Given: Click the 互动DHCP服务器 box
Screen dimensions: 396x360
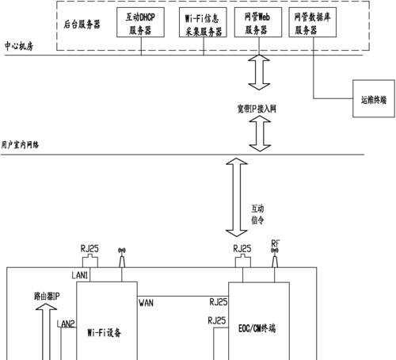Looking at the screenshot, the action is pyautogui.click(x=140, y=22).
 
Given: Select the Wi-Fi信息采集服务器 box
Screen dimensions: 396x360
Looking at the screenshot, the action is pyautogui.click(x=203, y=22).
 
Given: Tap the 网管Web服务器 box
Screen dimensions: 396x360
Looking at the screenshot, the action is pyautogui.click(x=258, y=22).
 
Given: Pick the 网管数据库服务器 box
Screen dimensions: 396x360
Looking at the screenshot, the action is pyautogui.click(x=312, y=22).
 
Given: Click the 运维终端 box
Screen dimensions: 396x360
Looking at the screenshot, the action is pyautogui.click(x=374, y=98).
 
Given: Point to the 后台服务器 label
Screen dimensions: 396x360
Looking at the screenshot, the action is pyautogui.click(x=82, y=25).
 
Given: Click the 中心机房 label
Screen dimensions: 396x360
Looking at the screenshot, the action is pyautogui.click(x=19, y=46).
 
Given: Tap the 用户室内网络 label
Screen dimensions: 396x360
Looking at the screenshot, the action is pyautogui.click(x=20, y=144).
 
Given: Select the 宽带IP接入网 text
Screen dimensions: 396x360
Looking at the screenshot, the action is pyautogui.click(x=257, y=109).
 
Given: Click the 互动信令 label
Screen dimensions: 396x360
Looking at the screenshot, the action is pyautogui.click(x=257, y=214).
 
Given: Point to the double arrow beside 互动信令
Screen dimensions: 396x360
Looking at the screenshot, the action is pyautogui.click(x=237, y=197).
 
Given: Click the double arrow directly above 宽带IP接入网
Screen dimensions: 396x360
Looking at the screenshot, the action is pyautogui.click(x=259, y=72).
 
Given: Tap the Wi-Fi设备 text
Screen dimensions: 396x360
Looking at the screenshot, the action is pyautogui.click(x=105, y=332).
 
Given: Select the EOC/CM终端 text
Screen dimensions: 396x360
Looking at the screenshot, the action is pyautogui.click(x=257, y=328).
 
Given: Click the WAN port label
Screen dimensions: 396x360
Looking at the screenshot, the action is pyautogui.click(x=146, y=303).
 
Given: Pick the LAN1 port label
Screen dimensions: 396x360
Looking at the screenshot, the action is pyautogui.click(x=80, y=275).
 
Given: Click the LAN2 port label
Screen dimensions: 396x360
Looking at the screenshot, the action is pyautogui.click(x=66, y=324).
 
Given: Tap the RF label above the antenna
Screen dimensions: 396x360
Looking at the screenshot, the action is pyautogui.click(x=275, y=243).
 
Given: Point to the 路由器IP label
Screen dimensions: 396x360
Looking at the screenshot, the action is pyautogui.click(x=47, y=296).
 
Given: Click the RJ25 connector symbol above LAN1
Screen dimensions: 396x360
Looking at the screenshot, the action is pyautogui.click(x=90, y=261).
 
